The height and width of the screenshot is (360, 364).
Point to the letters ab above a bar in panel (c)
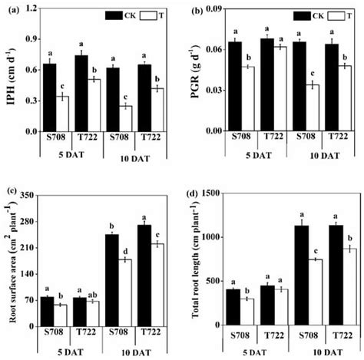[90, 292]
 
